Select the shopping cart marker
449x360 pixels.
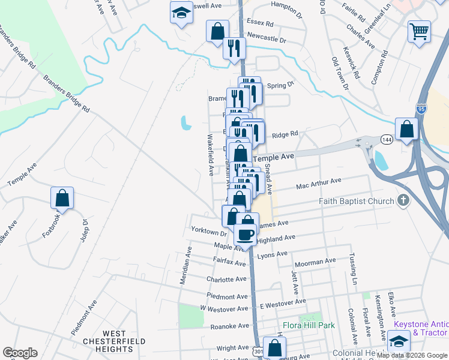click(419, 31)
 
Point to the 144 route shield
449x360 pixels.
click(384, 140)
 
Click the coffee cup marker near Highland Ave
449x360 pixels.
click(245, 235)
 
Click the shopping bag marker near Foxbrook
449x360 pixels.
click(62, 198)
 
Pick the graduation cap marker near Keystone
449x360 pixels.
click(397, 341)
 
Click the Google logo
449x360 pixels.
click(20, 353)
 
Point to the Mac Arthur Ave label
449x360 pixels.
click(318, 184)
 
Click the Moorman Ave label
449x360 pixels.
click(314, 262)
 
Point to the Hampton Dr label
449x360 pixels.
click(286, 8)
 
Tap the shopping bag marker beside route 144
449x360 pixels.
click(407, 129)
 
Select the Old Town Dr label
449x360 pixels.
click(339, 74)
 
